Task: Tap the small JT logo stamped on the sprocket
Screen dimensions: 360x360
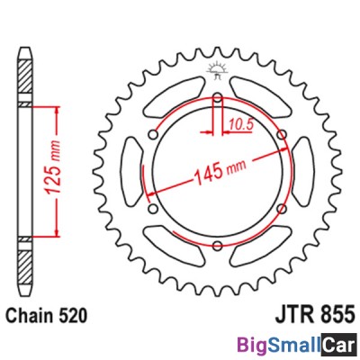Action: point(216,67)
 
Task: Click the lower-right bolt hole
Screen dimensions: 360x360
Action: point(282,209)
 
